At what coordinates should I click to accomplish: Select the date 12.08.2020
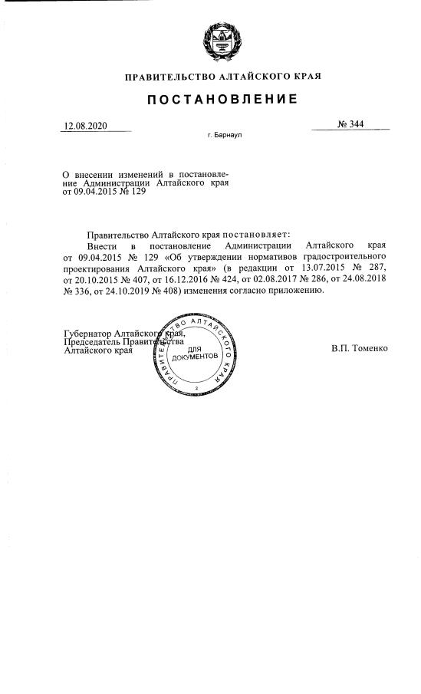point(86,126)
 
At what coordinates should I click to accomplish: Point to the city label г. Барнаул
point(225,141)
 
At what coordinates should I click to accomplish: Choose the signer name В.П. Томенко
point(360,348)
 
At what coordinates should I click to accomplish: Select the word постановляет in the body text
point(253,232)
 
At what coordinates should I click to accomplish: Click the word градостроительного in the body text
point(343,255)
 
